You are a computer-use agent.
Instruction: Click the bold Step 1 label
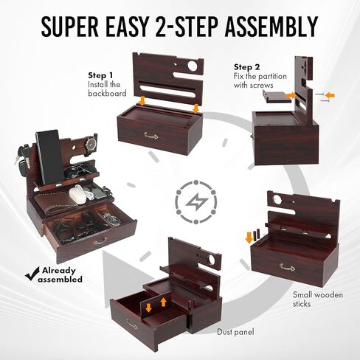pyautogui.click(x=100, y=76)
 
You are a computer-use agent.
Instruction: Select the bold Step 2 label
pyautogui.click(x=247, y=66)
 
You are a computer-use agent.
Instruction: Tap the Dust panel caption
pyautogui.click(x=236, y=333)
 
